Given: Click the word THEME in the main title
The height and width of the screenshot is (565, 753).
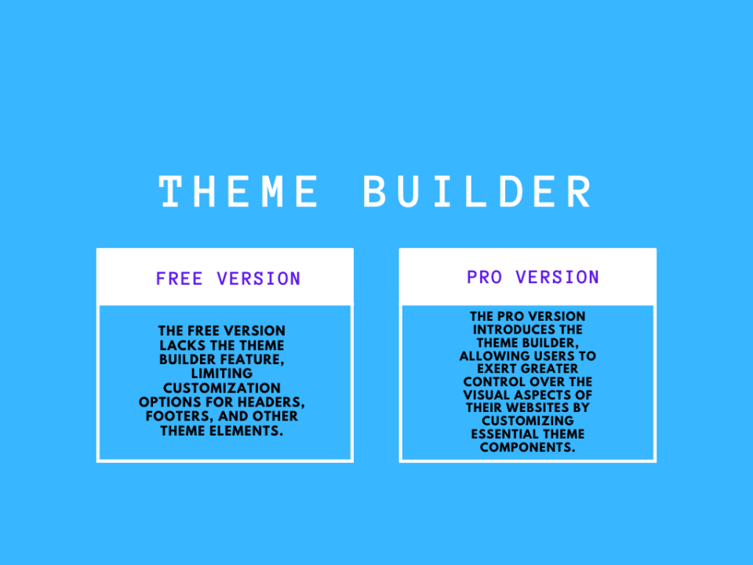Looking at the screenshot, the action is pyautogui.click(x=238, y=191).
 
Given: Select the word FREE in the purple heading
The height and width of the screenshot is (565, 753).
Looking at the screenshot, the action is pyautogui.click(x=179, y=279).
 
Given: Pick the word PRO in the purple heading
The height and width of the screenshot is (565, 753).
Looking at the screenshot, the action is pyautogui.click(x=484, y=277).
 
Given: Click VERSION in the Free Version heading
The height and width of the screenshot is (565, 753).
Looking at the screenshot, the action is pyautogui.click(x=258, y=279).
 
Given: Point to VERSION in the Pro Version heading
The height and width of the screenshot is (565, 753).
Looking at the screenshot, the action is pyautogui.click(x=557, y=277).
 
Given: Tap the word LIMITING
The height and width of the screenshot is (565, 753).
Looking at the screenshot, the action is pyautogui.click(x=222, y=374).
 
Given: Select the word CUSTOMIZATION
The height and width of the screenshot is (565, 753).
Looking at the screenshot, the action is pyautogui.click(x=222, y=388).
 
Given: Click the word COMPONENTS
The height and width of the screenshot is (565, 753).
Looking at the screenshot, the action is pyautogui.click(x=527, y=447).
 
